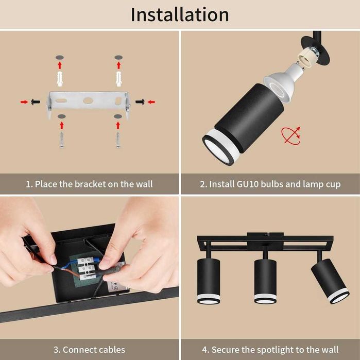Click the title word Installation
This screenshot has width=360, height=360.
(180, 14)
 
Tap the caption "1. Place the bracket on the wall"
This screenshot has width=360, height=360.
(90, 184)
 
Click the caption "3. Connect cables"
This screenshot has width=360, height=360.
(90, 350)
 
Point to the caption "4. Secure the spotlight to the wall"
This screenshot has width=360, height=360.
(270, 350)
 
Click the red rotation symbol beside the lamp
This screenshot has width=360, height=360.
(290, 135)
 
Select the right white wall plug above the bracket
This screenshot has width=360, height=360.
(118, 79)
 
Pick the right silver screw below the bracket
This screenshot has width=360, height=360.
(118, 140)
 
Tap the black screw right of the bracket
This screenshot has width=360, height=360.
(140, 102)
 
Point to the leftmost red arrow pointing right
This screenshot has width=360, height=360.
(24, 102)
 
